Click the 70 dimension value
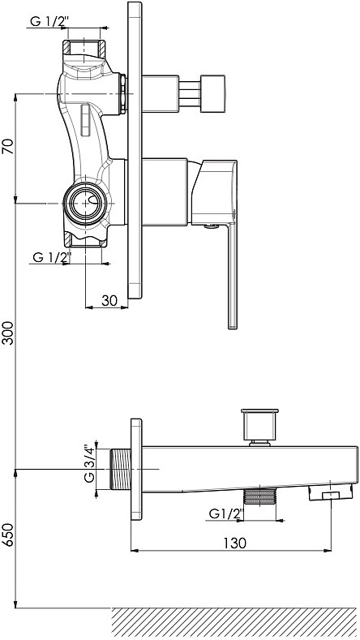pos(8,146)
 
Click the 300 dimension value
pos(8,333)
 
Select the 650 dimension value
pos(8,535)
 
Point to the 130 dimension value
pos(234,543)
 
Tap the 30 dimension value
pos(109,300)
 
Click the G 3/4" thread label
pos(89,463)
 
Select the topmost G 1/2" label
pos(48,22)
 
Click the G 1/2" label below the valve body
pos(52,257)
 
